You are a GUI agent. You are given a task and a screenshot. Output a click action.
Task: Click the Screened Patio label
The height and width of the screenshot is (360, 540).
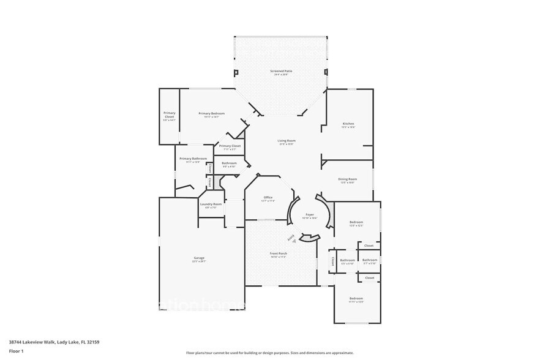(x=281, y=71)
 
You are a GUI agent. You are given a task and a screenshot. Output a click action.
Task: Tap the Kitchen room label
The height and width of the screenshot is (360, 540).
(x=348, y=124)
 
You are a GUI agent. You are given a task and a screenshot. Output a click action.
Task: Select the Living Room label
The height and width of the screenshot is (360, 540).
(x=287, y=141)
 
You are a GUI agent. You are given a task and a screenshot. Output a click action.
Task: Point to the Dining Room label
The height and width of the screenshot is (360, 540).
(x=348, y=179)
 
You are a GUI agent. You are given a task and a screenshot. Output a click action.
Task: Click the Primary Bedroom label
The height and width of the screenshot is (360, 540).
(x=211, y=113)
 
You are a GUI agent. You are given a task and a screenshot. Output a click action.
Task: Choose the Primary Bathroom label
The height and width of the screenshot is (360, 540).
(x=189, y=159)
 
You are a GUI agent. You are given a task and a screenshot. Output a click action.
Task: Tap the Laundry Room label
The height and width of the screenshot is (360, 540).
(x=211, y=204)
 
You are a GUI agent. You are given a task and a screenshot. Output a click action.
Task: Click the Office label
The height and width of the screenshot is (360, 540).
(x=268, y=197)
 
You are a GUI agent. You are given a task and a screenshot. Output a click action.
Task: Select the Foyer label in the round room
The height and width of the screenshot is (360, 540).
(x=310, y=214)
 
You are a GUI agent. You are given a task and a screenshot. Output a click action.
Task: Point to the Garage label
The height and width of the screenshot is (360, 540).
(x=200, y=258)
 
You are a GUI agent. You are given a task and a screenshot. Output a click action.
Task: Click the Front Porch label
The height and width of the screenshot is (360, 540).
(x=279, y=253)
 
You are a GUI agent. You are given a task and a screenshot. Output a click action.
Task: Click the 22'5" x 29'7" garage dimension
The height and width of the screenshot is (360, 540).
(x=200, y=261)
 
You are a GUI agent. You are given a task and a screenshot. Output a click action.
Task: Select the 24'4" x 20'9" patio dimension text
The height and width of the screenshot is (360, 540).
(x=281, y=75)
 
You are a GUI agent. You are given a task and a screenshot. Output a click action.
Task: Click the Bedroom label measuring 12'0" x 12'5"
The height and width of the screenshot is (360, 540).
(x=356, y=222)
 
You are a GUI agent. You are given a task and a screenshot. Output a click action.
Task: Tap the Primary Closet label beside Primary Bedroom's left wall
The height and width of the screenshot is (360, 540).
(x=169, y=114)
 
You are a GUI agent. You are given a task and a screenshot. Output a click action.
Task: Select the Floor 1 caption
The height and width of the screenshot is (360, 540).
(x=16, y=351)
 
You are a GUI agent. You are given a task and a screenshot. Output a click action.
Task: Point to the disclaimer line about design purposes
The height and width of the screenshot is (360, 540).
(x=270, y=353)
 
